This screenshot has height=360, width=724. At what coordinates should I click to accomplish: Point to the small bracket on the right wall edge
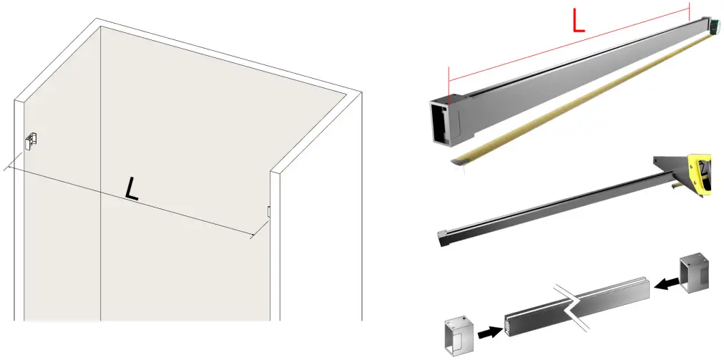click(x=268, y=211)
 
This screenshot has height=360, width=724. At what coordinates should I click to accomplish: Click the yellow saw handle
click(x=700, y=175)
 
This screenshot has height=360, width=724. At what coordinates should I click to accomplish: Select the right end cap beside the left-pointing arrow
click(x=695, y=273)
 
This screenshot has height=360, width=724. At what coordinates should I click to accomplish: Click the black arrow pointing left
click(x=666, y=284)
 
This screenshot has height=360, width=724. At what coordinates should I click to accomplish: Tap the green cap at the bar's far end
click(x=714, y=26)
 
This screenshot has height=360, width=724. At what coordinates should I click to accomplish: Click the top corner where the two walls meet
click(x=100, y=26)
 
